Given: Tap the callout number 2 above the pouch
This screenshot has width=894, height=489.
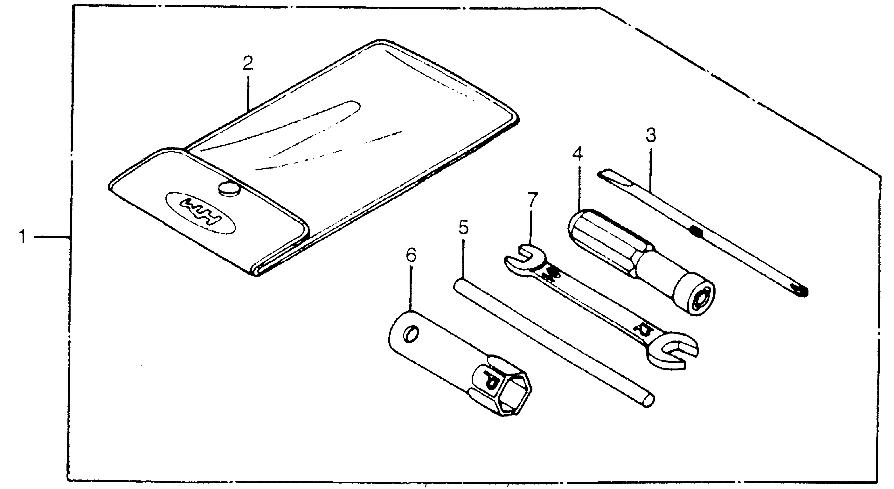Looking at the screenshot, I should click(x=248, y=63).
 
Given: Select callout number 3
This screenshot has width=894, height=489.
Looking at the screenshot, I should click(x=651, y=135).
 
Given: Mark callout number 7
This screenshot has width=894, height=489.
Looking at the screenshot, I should click(x=533, y=200).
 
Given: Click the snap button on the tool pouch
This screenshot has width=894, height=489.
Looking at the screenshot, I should click(x=229, y=189).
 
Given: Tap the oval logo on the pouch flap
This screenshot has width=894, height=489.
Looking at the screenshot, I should click(x=201, y=212).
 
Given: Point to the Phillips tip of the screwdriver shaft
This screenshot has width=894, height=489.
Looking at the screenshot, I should click(x=800, y=291).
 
